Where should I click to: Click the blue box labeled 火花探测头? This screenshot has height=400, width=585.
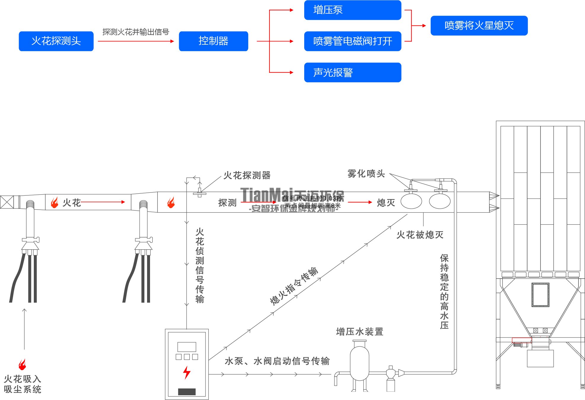[x=56, y=41]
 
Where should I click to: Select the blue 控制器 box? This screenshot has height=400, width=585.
[x=213, y=41]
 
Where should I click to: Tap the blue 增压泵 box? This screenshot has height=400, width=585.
[x=353, y=10]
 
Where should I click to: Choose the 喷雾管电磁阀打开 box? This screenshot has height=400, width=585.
[x=353, y=41]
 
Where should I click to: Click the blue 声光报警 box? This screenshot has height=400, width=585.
[x=353, y=72]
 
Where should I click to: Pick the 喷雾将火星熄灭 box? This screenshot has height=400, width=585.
[x=479, y=26]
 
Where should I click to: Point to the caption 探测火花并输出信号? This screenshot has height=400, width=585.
[x=136, y=32]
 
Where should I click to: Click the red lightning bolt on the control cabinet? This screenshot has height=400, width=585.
[x=187, y=372]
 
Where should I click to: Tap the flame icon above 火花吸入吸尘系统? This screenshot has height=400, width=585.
[x=22, y=364]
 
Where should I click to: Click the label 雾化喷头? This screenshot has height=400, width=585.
[x=366, y=174]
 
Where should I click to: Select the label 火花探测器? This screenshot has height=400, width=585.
[x=247, y=175]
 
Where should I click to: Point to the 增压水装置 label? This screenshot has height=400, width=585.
[x=360, y=332]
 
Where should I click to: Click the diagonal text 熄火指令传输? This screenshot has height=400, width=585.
[x=294, y=286]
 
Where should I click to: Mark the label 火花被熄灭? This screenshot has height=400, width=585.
[x=420, y=235]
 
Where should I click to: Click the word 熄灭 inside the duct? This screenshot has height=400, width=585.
[x=386, y=203]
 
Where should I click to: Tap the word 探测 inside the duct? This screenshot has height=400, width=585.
[x=227, y=203]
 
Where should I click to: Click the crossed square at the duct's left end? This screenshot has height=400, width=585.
[x=7, y=202]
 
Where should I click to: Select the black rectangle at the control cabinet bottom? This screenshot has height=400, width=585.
[x=187, y=392]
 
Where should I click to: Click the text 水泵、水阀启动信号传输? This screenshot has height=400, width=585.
[x=277, y=361]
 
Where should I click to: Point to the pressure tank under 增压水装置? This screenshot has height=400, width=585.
[x=359, y=363]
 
